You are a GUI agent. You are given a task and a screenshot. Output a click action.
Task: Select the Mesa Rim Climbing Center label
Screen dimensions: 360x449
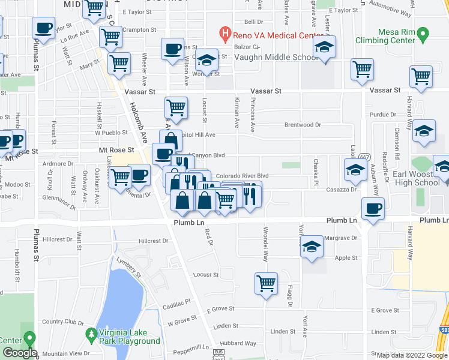tap(397, 36)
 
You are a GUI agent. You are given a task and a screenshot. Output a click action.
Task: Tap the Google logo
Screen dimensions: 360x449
tap(19, 353)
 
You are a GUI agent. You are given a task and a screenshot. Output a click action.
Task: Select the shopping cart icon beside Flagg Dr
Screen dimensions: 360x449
tap(266, 283)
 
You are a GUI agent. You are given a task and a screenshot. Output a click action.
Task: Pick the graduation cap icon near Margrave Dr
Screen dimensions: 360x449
tap(312, 247)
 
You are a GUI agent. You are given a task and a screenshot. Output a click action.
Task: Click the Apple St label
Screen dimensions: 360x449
tap(346, 258)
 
